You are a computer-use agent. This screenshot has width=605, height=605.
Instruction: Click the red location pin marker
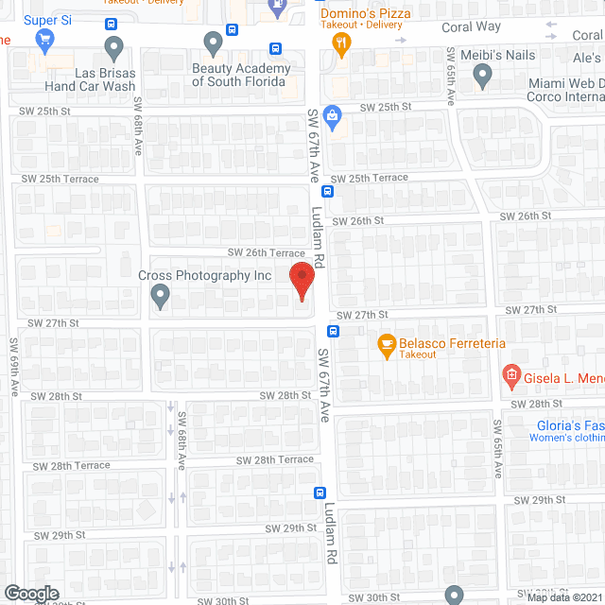click(x=302, y=282)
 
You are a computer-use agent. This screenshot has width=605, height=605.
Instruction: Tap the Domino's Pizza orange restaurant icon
click(x=342, y=41)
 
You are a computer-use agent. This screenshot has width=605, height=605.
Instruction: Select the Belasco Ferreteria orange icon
click(x=386, y=345)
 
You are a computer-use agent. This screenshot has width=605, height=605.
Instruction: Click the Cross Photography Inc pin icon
click(x=160, y=297)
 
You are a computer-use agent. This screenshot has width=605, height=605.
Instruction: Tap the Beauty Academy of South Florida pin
click(x=214, y=43)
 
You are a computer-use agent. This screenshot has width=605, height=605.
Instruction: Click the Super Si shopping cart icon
click(x=43, y=40)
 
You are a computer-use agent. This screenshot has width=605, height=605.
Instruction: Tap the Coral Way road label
click(x=472, y=27)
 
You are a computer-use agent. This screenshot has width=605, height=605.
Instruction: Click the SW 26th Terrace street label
click(x=266, y=252)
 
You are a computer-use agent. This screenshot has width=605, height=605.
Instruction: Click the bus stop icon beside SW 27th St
click(x=334, y=331)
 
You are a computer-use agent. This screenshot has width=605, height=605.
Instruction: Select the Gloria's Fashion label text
click(x=570, y=424)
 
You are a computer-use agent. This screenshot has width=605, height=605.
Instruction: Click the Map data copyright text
click(x=564, y=596)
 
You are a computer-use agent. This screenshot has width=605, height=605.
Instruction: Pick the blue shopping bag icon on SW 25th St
click(x=331, y=117)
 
